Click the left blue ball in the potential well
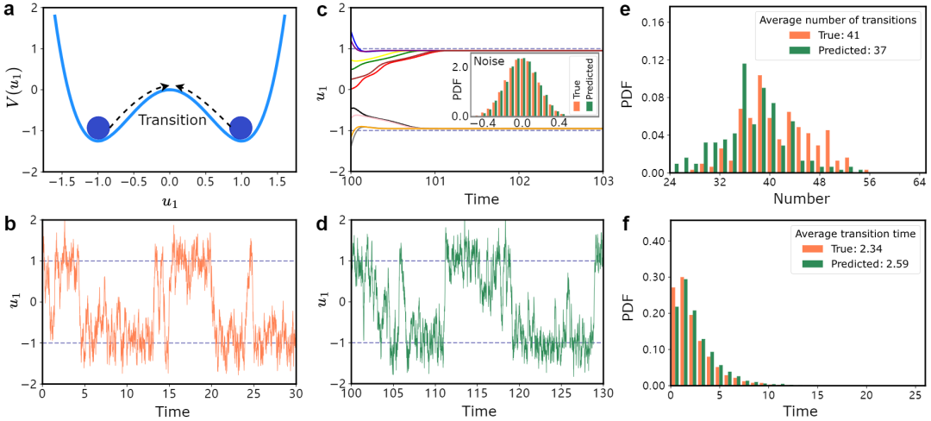(x=100, y=128)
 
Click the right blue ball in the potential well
(x=241, y=128)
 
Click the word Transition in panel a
(x=172, y=120)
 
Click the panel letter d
(x=323, y=225)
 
